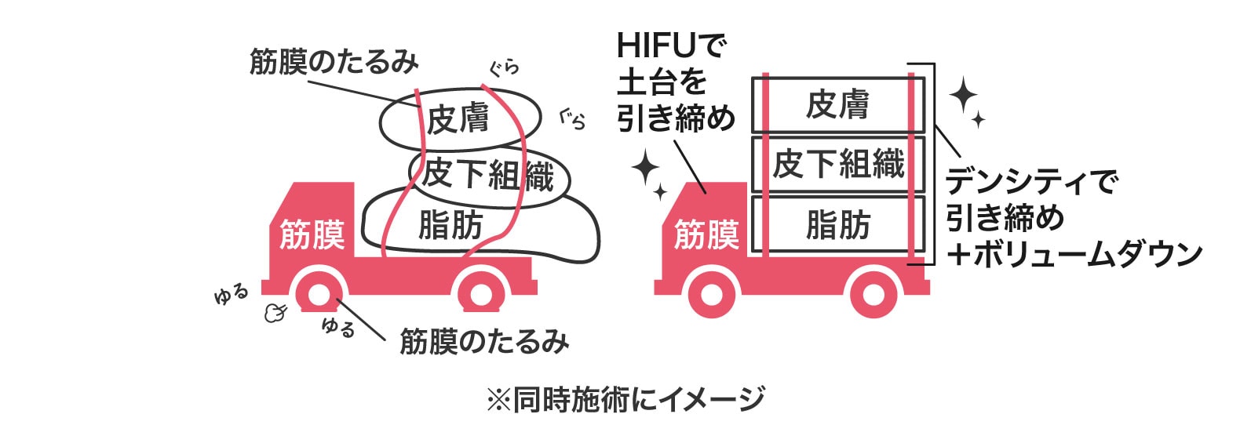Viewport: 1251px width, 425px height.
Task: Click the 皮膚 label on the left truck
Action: (x=458, y=118)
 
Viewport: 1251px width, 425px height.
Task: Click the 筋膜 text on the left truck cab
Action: (x=312, y=234)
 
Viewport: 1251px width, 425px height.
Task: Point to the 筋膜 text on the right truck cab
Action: (x=706, y=234)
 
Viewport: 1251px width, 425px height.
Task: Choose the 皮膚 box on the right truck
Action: (x=837, y=104)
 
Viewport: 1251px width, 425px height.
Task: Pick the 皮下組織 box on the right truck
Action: (x=837, y=165)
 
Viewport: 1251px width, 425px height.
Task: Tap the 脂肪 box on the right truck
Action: (x=837, y=226)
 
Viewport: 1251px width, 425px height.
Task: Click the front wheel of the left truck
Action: (x=319, y=295)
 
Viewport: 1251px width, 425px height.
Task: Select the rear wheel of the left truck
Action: (x=482, y=296)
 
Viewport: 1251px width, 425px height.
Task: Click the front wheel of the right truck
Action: (x=713, y=296)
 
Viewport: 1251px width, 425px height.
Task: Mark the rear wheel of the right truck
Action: (x=874, y=296)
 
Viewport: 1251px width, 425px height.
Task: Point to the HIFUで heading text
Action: (x=672, y=46)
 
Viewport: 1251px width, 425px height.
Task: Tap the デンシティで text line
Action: (x=1030, y=183)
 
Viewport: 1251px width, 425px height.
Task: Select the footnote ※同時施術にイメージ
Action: (x=625, y=400)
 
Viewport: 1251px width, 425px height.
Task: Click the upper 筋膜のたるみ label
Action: (x=334, y=62)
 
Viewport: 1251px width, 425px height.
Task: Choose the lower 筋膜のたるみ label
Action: (x=484, y=342)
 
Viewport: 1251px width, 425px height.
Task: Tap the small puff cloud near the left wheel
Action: (x=274, y=313)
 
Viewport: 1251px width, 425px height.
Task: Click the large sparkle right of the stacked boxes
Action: (x=962, y=95)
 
